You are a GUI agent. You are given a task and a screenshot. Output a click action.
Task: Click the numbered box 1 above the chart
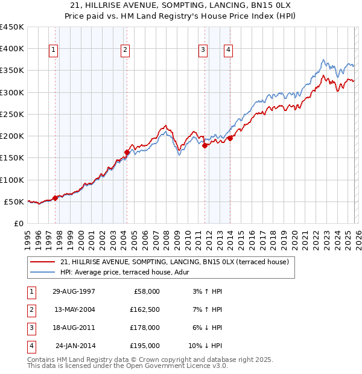[54, 50]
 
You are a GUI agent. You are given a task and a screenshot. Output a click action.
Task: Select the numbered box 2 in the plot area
[125, 50]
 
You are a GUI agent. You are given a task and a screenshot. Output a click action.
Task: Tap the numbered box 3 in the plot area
[203, 50]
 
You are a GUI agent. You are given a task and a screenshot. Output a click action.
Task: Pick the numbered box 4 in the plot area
[229, 50]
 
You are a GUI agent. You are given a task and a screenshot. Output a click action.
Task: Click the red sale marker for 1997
[55, 197]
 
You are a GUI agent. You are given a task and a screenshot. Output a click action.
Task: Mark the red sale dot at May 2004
[127, 152]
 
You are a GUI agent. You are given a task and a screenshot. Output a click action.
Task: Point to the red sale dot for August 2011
[205, 145]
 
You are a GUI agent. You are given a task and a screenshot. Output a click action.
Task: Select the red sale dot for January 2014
[230, 138]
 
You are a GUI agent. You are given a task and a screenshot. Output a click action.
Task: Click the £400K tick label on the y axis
[12, 49]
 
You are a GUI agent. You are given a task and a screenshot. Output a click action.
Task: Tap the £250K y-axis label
[12, 114]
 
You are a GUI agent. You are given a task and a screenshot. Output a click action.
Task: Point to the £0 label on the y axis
[18, 223]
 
